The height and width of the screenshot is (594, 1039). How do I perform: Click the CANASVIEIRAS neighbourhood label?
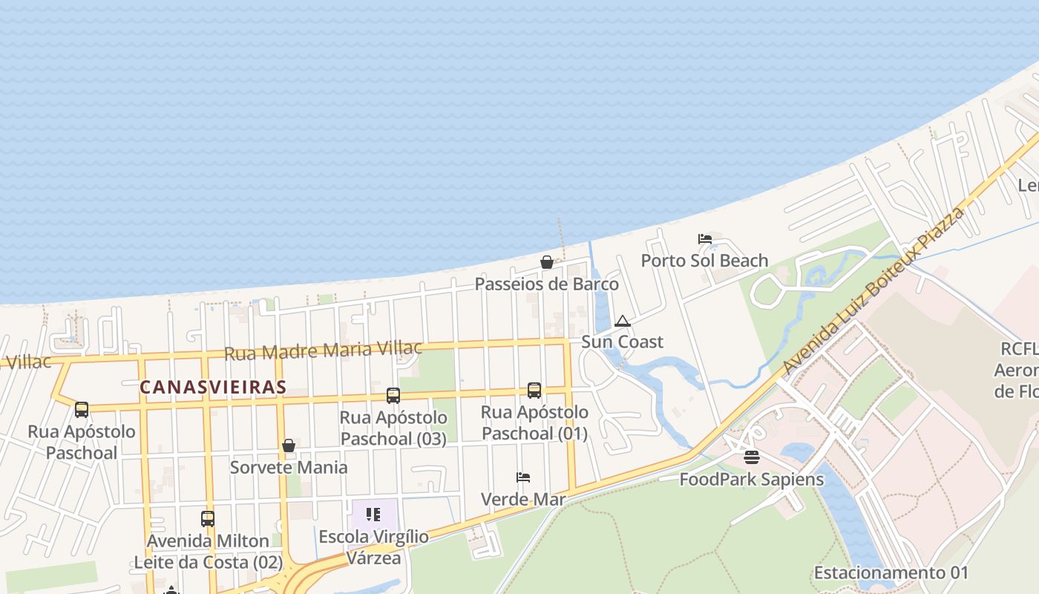213,387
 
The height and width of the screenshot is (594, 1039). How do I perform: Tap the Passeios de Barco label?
546,284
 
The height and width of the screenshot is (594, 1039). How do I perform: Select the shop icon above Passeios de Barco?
547,262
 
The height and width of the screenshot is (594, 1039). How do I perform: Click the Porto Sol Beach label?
704,261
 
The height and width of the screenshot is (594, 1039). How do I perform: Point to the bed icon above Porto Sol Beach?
705,239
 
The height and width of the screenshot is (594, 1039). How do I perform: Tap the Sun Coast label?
622,342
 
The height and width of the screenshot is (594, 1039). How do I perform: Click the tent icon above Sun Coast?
623,321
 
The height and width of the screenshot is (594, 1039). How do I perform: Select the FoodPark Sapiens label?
751,479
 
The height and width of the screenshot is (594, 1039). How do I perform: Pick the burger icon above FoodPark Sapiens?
752,457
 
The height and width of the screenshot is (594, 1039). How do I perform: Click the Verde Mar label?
523,499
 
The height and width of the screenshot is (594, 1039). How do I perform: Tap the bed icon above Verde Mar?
523,477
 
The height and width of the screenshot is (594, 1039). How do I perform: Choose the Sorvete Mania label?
288,467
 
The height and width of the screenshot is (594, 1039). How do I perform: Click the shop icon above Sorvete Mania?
289,446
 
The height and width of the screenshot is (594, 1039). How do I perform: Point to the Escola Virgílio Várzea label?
373,547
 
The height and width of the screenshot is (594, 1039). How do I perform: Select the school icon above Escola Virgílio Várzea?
373,514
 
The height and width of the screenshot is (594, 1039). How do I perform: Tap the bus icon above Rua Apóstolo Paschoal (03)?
393,396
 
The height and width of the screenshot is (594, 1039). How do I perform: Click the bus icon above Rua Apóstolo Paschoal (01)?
534,391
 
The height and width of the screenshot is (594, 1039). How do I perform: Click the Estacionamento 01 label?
891,572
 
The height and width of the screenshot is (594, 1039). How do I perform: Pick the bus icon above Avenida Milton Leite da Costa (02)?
208,519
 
